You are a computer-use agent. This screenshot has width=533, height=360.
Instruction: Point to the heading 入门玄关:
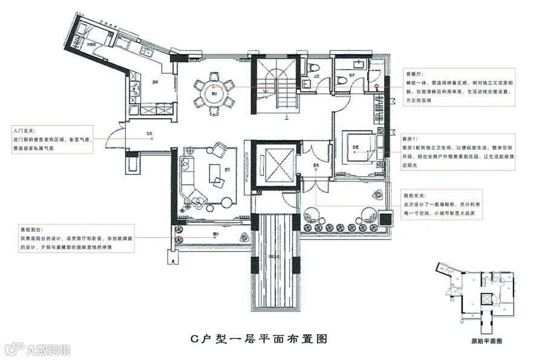[x=24, y=130]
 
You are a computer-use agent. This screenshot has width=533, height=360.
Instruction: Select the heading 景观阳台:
[x=31, y=231]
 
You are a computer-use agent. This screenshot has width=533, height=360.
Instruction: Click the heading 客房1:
[x=411, y=139]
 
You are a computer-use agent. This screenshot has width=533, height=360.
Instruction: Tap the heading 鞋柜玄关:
[x=415, y=196]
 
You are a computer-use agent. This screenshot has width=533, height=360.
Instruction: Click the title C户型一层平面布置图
[x=259, y=338]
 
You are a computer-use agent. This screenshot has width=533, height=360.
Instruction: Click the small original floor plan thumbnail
[x=478, y=297]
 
